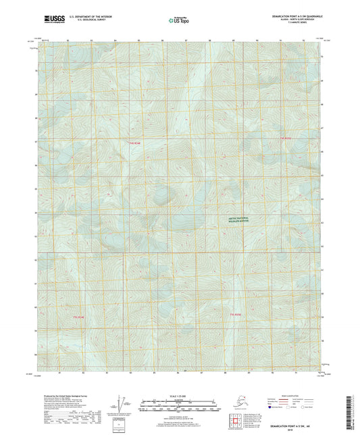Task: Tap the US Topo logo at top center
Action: point(174,22)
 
